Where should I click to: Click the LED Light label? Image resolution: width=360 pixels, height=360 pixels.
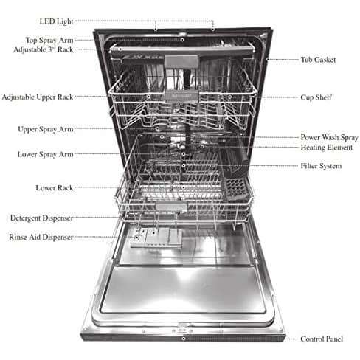tap(56, 21)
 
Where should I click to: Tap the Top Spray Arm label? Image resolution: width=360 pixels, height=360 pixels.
tap(49, 40)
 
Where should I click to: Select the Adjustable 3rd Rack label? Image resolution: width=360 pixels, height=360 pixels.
tap(44, 49)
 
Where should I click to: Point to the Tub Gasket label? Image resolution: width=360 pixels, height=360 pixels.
tap(318, 60)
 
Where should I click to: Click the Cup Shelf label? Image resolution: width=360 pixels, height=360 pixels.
tap(316, 97)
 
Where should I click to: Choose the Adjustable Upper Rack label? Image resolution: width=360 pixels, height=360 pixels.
tap(38, 97)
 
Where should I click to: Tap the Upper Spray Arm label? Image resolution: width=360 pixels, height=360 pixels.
tap(46, 129)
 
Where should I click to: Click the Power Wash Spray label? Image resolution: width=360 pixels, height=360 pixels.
tap(329, 137)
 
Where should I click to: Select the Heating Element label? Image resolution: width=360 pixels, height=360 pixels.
tap(327, 148)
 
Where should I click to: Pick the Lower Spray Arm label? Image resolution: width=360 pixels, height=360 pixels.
tap(45, 155)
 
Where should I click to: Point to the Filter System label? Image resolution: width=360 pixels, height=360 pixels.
tap(321, 166)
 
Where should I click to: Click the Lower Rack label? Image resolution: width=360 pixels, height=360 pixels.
tap(55, 188)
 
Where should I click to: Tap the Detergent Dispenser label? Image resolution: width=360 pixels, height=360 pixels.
tap(42, 218)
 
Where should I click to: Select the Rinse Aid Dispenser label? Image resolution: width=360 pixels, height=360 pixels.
tap(41, 238)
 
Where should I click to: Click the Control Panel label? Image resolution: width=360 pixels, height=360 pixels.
tap(322, 339)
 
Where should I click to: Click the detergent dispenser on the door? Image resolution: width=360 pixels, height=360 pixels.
tap(156, 238)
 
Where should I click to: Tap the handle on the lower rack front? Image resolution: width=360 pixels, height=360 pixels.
tap(171, 206)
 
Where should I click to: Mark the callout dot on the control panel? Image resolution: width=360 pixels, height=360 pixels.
tap(183, 339)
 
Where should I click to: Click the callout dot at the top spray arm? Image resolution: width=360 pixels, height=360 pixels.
tap(182, 40)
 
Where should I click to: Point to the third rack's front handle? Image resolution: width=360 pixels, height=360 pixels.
tap(181, 62)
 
